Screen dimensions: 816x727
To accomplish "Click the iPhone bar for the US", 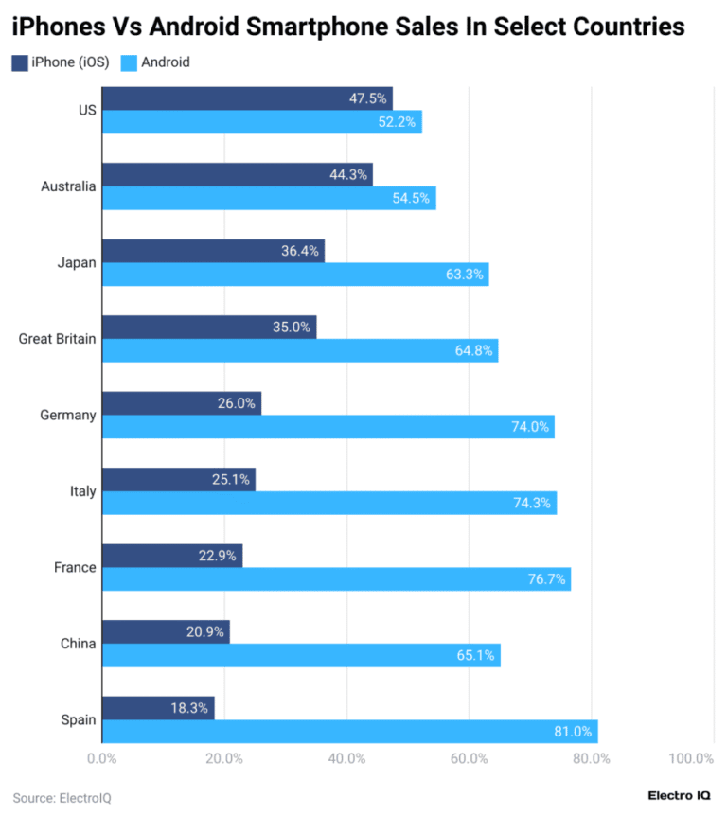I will coord(246,98).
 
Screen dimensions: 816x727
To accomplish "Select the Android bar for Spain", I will coord(349,732).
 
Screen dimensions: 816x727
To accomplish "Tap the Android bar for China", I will coord(300,655).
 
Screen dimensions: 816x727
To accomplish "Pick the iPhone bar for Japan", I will coord(212,251).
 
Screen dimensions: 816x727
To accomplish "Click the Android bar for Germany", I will coord(328,427).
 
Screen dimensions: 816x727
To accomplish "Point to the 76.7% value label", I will coord(546,579).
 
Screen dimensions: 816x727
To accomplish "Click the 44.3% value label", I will coord(348,175).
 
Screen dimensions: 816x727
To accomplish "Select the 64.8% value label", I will coord(474,351).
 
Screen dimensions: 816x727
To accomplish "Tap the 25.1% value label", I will coord(231,480).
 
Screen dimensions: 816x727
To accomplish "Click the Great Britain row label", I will coord(57,339).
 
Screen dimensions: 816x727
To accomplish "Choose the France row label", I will coord(75,567).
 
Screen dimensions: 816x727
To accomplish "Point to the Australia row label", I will coord(68,186).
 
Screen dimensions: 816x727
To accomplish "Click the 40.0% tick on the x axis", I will coord(346,759).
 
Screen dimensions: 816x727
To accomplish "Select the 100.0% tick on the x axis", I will coord(690,759).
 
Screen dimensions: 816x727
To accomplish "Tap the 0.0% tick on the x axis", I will coord(101,759).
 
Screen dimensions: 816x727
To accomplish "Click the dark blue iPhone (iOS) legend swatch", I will coord(20,62).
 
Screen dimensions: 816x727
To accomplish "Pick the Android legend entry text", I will coord(165,62).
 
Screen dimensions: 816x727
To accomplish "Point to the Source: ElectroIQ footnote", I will coord(62,798).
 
